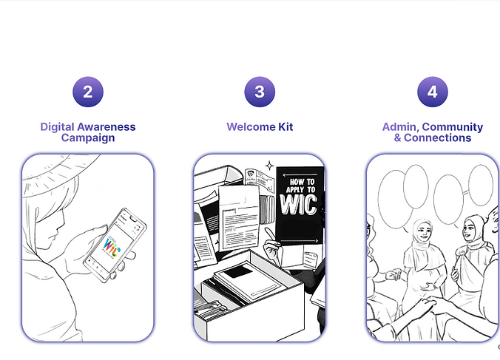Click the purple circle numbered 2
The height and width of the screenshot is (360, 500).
(88, 92)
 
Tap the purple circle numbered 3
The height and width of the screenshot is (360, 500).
(260, 92)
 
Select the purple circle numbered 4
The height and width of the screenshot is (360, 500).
(433, 92)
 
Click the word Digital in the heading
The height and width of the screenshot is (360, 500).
(58, 127)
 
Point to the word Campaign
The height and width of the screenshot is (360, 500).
(88, 138)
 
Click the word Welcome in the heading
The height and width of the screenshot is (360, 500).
(251, 127)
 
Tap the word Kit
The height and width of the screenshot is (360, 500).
(286, 127)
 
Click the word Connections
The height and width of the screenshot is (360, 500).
(438, 138)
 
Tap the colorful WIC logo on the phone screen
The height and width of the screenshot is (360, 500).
(112, 247)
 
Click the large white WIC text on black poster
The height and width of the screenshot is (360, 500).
(299, 204)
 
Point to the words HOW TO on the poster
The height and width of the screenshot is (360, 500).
(302, 182)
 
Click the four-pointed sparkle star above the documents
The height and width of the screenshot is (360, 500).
(270, 166)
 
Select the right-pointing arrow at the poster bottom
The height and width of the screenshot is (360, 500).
(299, 241)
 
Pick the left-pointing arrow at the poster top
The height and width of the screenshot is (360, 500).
(300, 174)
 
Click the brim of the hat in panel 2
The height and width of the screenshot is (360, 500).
(60, 174)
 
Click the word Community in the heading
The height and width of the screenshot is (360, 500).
(453, 127)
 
